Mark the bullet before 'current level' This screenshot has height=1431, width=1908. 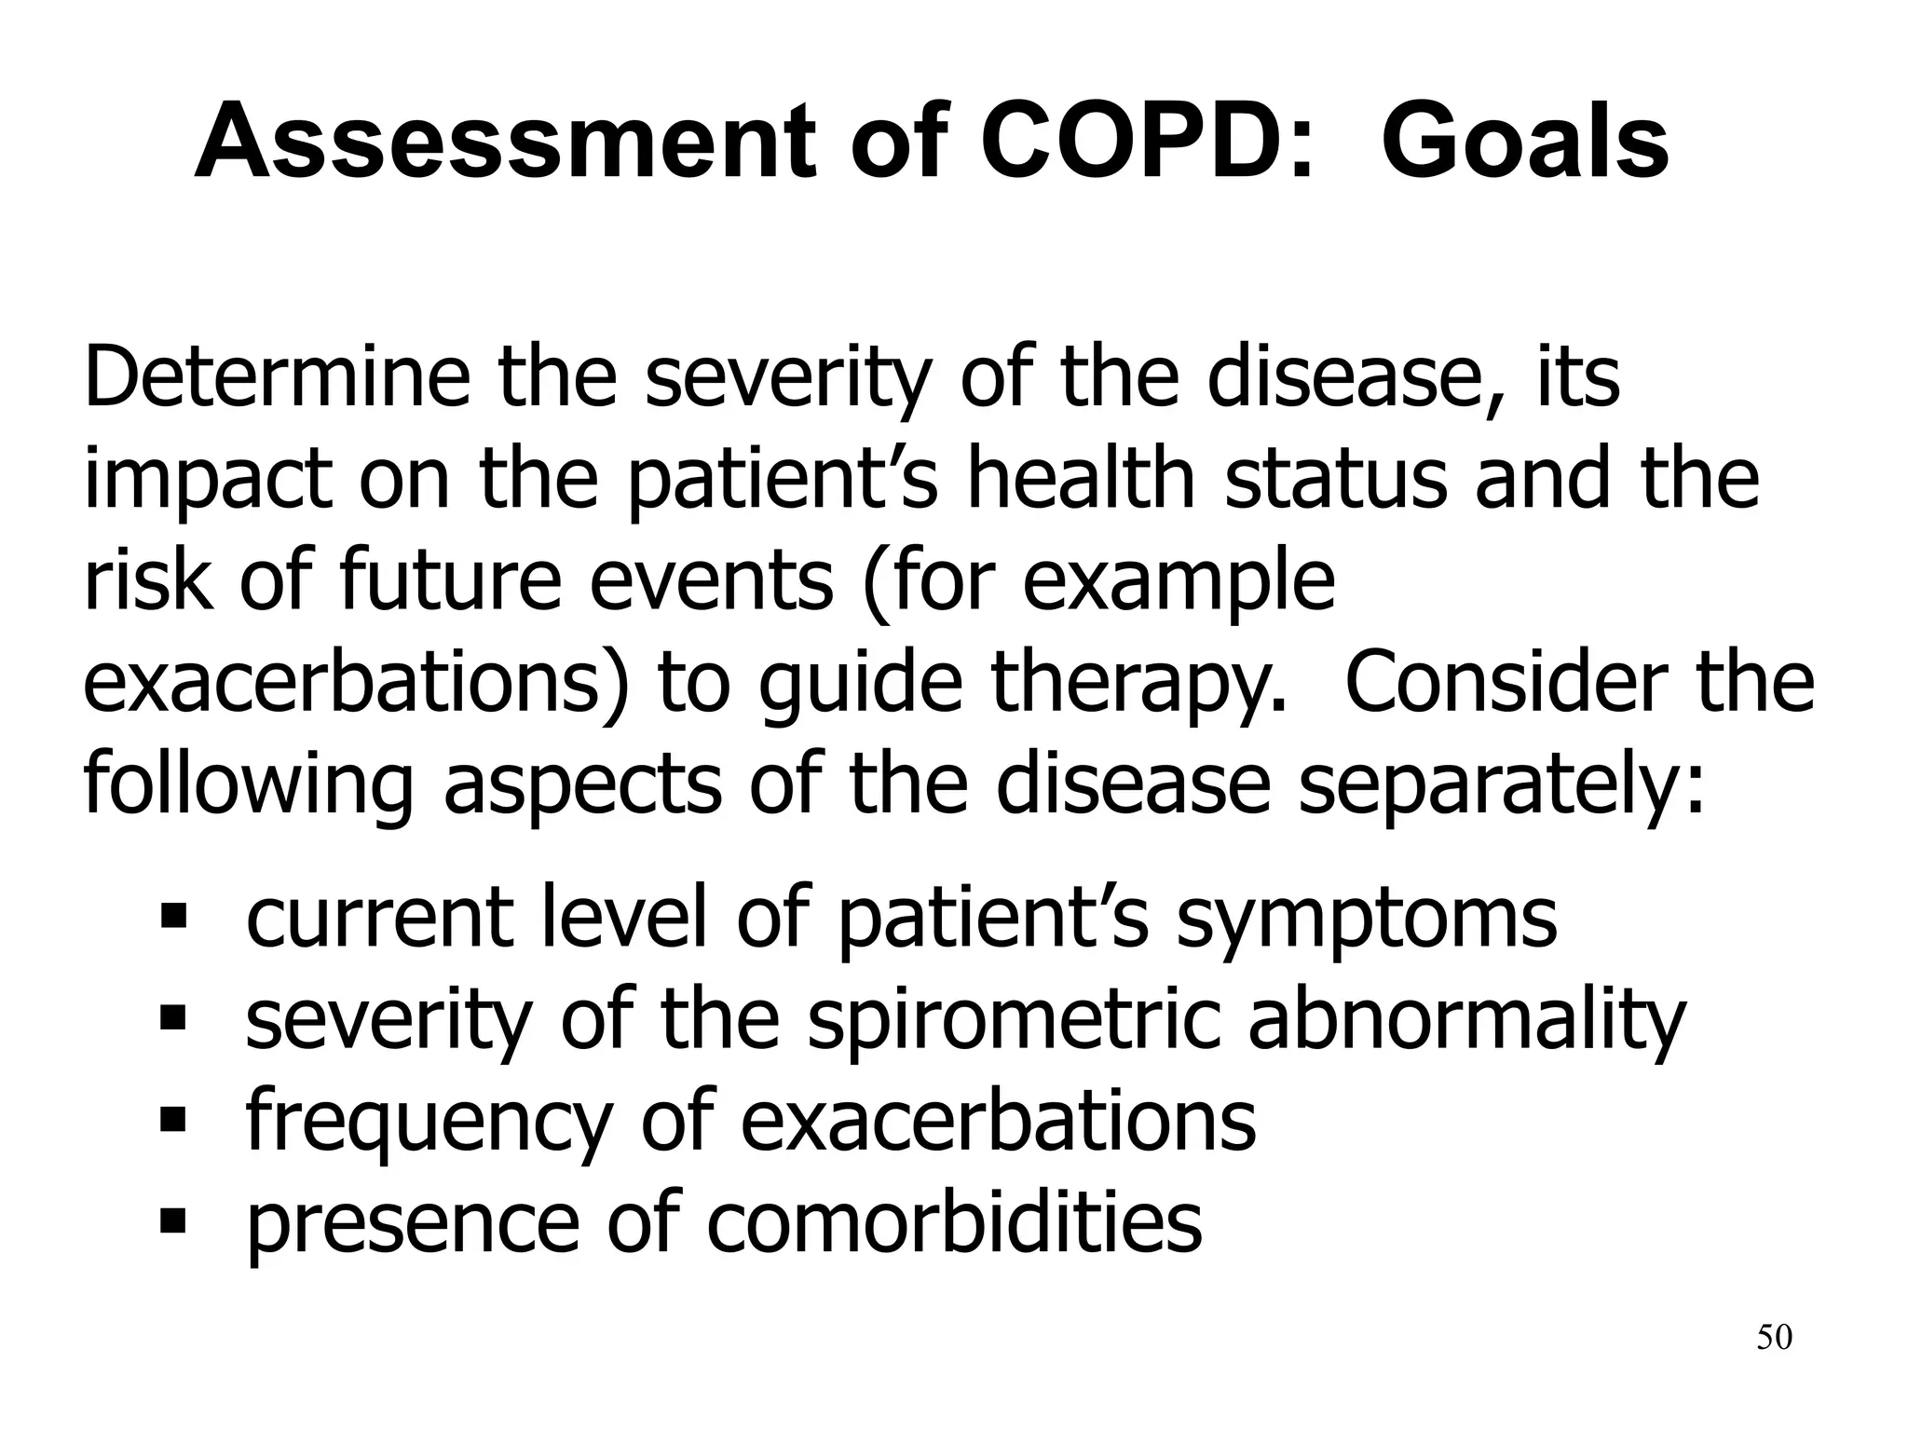point(173,919)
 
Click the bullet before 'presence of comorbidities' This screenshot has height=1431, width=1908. point(173,1220)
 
